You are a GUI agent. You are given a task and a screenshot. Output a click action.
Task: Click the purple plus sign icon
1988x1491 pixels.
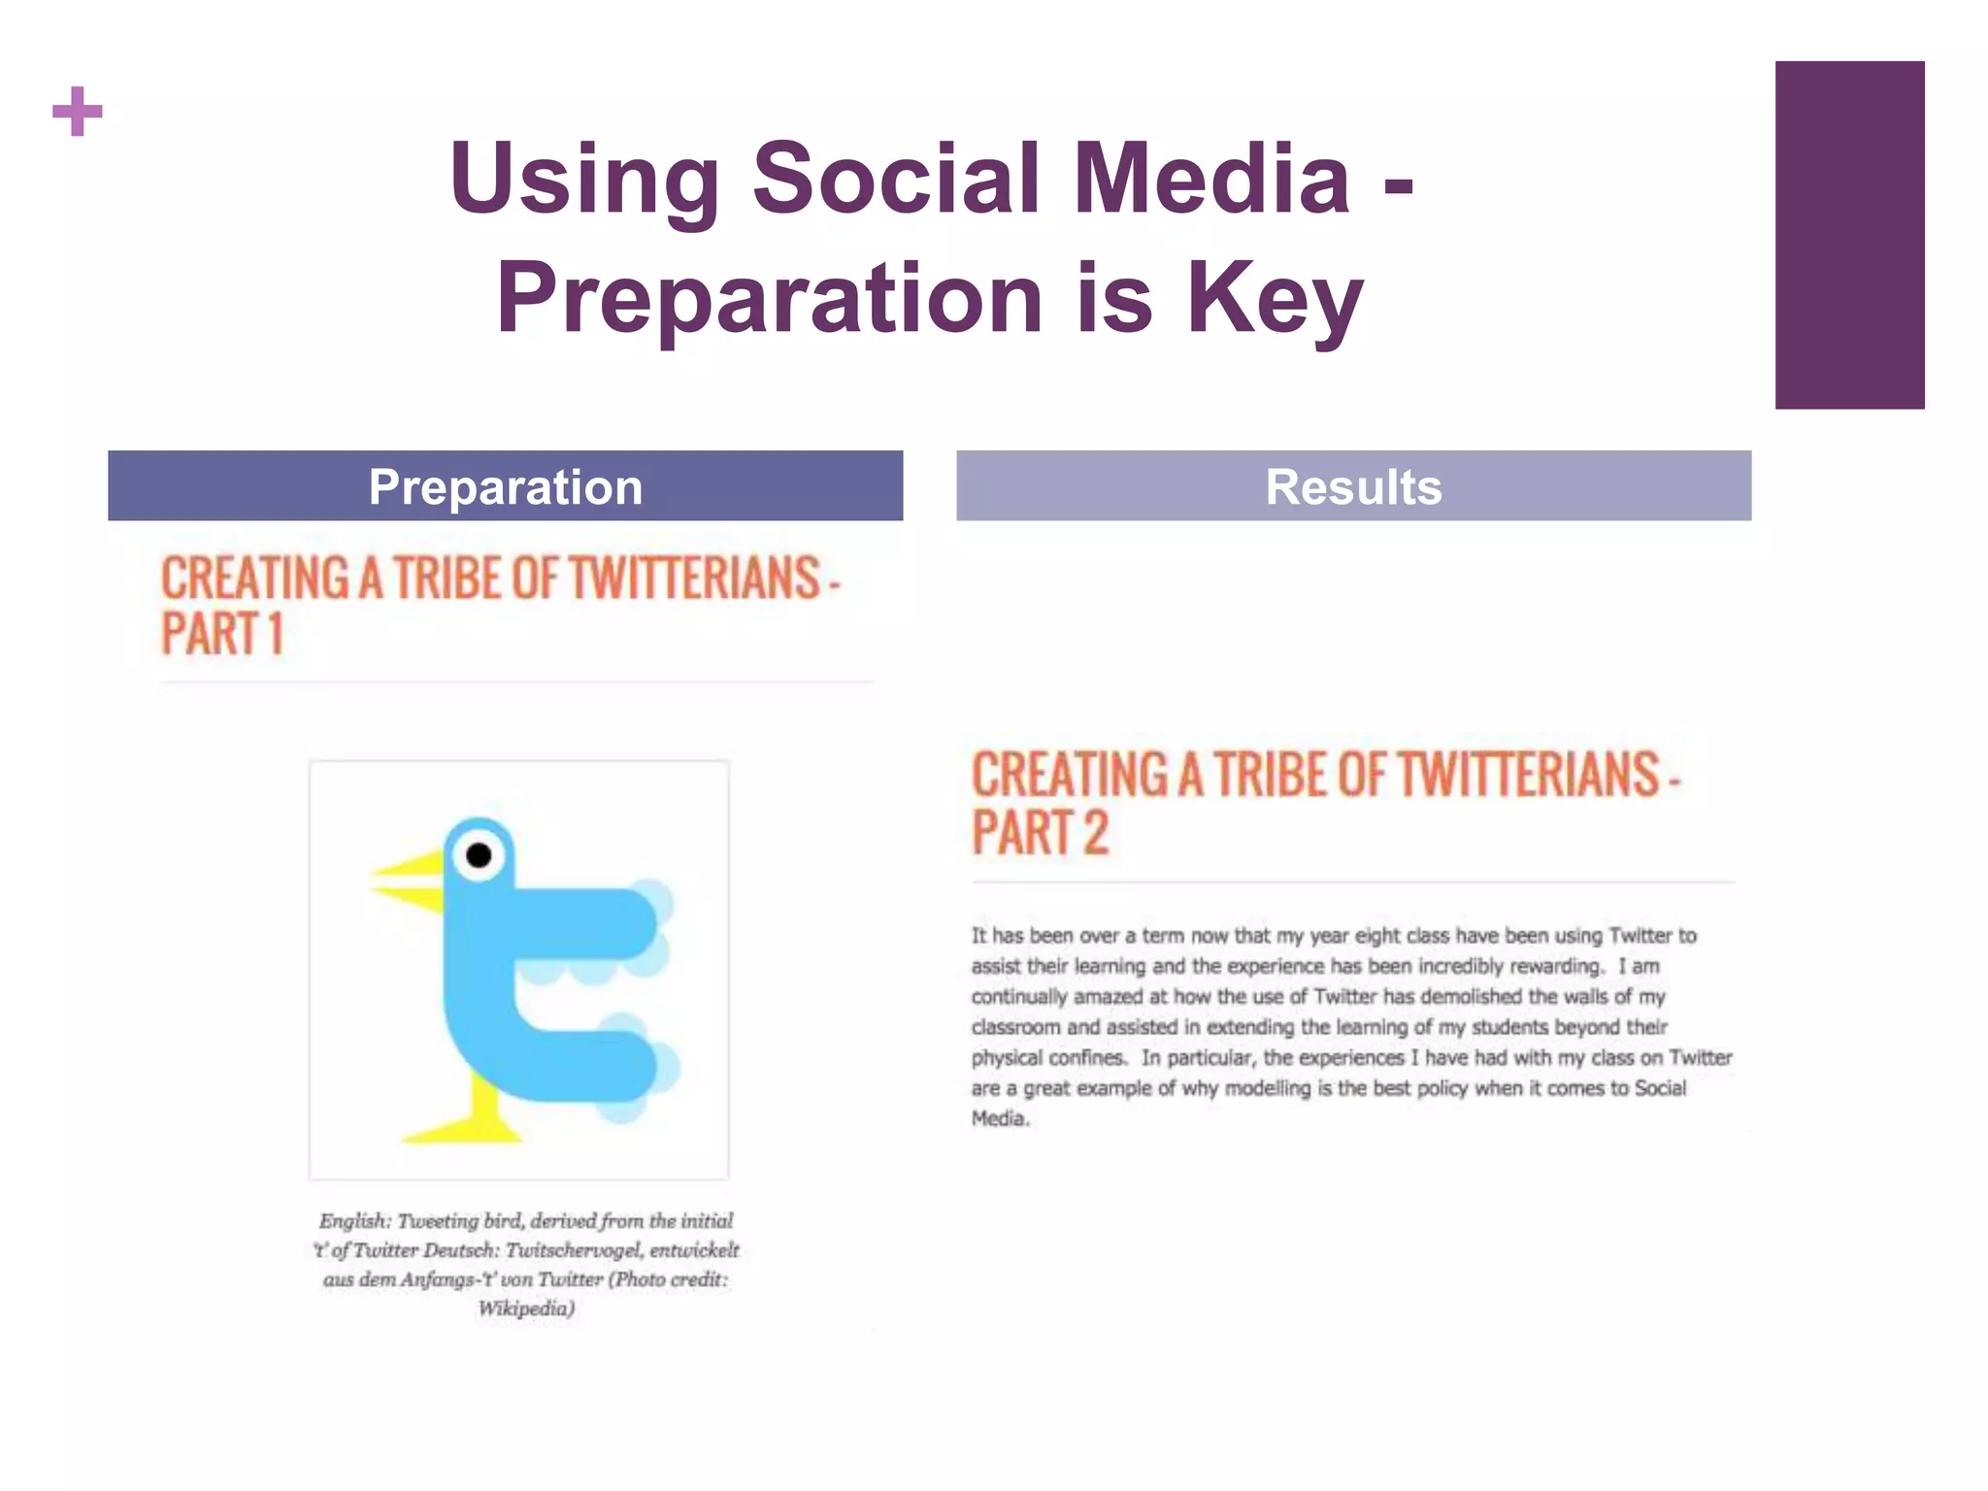78,112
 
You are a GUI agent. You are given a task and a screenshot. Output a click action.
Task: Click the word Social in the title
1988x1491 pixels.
895,179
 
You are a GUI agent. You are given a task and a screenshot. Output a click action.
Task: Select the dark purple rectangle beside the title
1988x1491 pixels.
1849,235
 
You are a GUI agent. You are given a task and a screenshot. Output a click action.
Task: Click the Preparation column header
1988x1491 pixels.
505,486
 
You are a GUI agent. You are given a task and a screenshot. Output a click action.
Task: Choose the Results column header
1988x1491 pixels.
1353,486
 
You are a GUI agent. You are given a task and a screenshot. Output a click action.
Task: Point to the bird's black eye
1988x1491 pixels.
479,855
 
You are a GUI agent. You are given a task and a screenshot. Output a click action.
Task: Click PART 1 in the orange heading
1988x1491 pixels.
222,634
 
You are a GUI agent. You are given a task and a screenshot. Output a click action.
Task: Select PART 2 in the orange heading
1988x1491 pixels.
1040,833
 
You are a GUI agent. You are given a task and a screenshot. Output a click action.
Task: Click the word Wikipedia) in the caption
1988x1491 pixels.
526,1309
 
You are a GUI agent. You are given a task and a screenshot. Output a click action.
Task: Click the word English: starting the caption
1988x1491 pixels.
353,1221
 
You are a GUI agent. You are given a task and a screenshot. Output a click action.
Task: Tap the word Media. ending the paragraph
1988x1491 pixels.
1000,1118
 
